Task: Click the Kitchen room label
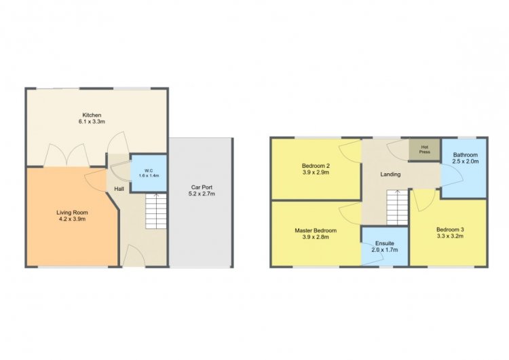(92, 115)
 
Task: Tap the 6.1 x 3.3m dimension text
(92, 122)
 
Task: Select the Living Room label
(72, 213)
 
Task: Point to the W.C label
(149, 171)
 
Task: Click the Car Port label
(202, 187)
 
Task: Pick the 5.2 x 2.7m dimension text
(202, 194)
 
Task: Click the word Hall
(119, 189)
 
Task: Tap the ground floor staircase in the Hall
(156, 211)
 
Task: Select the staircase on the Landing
(397, 207)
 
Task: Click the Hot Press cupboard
(425, 150)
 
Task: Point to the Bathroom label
(466, 155)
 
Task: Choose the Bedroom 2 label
(316, 166)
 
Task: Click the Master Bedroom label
(316, 230)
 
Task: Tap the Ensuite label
(385, 243)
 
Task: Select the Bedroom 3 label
(450, 230)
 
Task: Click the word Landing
(390, 175)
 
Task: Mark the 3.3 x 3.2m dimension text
(450, 236)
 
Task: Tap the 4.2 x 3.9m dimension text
(72, 219)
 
